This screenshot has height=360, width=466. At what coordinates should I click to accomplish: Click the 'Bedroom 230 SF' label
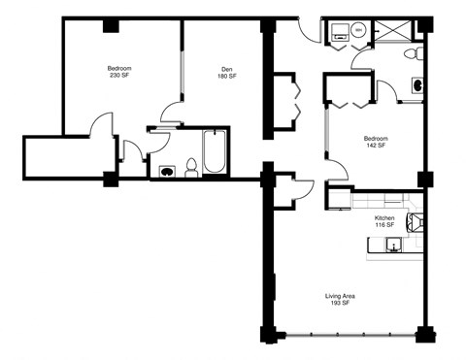tap(119, 73)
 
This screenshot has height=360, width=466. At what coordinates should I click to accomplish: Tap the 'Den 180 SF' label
tap(226, 73)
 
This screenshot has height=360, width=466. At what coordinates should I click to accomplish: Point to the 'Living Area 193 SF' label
tap(339, 300)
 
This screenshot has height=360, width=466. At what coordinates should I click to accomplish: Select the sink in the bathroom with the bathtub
tap(167, 171)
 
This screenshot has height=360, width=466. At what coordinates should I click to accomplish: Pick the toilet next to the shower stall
tap(413, 51)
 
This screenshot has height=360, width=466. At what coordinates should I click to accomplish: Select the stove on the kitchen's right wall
tap(416, 226)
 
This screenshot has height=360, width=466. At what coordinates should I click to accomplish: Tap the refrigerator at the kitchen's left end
tap(337, 199)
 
